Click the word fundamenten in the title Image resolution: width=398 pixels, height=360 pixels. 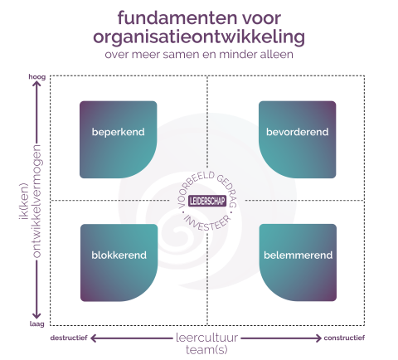pos(177,18)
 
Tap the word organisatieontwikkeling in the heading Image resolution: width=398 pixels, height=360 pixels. pos(199,37)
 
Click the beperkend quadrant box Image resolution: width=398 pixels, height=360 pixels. pos(119,139)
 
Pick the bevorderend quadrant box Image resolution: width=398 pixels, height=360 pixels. pos(298,139)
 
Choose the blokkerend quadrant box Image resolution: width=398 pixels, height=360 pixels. pos(119,263)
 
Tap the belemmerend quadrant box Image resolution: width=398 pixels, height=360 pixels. pos(298,263)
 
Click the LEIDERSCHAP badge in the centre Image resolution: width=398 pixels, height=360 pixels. pos(207,201)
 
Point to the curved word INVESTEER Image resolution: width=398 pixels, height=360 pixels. pos(207,223)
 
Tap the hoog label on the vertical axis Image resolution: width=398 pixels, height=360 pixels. pos(37,76)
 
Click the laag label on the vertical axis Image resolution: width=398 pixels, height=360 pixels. pos(37,324)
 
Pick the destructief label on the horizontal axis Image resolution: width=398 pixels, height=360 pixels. pos(69,338)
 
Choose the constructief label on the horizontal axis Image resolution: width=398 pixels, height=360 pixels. pos(344,338)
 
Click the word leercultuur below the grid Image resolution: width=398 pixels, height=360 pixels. pos(206,338)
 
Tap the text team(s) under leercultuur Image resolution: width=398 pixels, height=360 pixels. pos(206,350)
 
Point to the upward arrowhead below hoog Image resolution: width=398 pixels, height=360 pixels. pos(36,83)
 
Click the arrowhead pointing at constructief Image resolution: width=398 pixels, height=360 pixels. pos(318,338)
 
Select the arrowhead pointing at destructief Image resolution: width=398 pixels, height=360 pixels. pos(94,338)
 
